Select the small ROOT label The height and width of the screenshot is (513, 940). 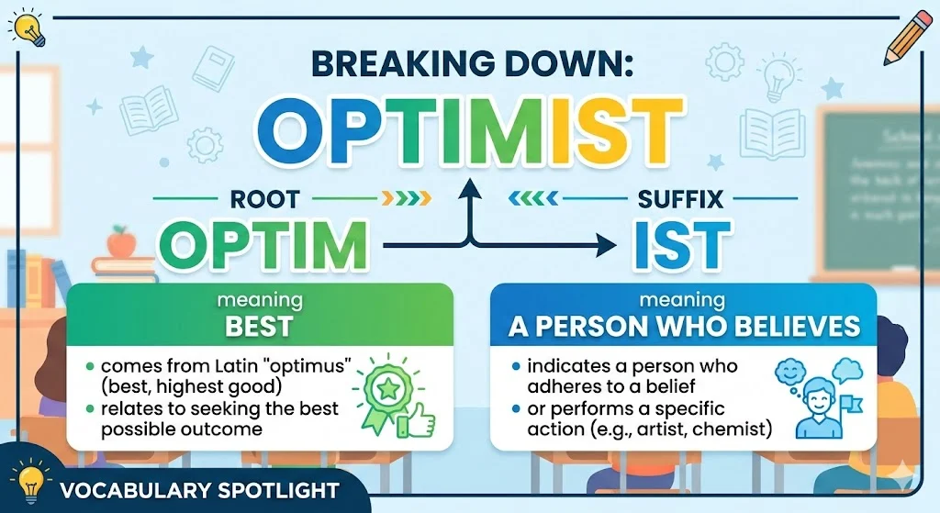point(264,196)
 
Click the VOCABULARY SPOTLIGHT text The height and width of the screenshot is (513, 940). point(197,490)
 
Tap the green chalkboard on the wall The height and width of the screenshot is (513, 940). point(877,179)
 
